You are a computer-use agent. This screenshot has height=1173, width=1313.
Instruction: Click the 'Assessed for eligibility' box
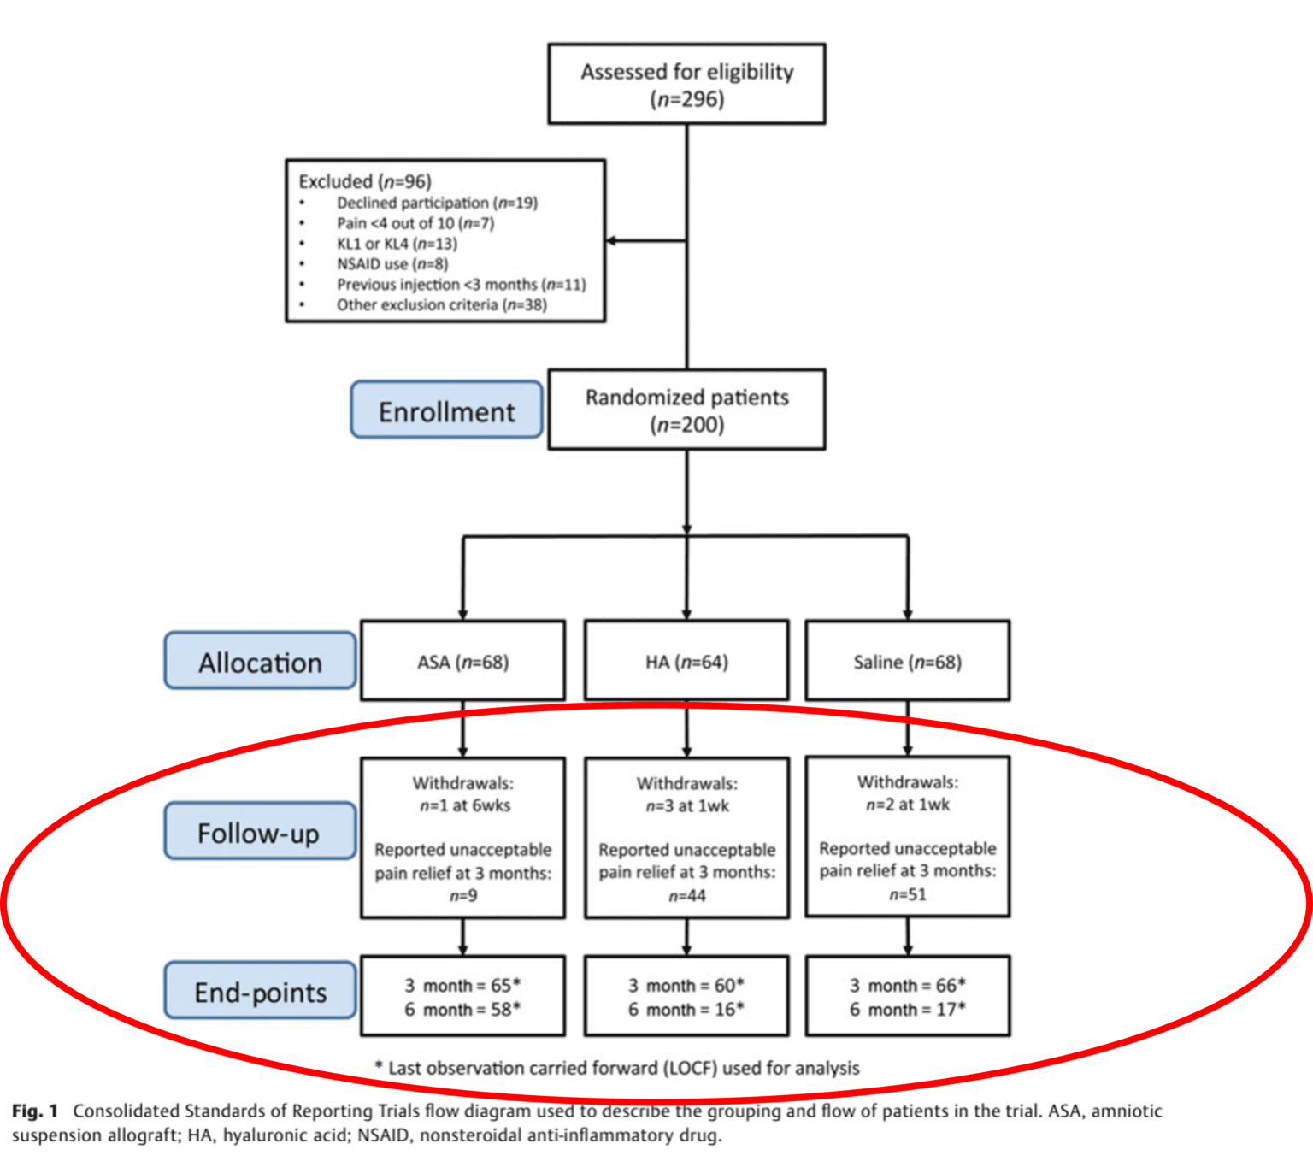click(x=686, y=84)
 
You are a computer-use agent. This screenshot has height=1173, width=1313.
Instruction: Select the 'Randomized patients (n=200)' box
click(x=686, y=410)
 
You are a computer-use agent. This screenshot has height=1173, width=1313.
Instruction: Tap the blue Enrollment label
click(x=446, y=410)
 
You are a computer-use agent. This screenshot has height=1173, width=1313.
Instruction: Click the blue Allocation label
click(x=260, y=661)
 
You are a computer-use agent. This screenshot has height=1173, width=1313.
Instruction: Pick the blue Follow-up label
click(x=260, y=831)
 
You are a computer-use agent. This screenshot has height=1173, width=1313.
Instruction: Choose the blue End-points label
click(x=260, y=991)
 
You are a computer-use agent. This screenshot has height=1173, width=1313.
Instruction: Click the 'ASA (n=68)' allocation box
click(x=462, y=661)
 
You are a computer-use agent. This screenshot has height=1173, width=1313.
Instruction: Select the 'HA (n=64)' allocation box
click(x=686, y=661)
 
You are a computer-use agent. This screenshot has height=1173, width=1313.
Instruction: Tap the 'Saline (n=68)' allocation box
click(x=907, y=661)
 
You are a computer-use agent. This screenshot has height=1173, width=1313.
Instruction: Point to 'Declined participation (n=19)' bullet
click(x=436, y=203)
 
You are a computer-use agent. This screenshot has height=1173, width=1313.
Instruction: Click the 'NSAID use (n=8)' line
click(x=392, y=263)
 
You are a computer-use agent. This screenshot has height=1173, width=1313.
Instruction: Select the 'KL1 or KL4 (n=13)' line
click(x=397, y=243)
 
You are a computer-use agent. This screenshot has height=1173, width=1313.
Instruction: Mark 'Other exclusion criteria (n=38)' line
click(x=441, y=304)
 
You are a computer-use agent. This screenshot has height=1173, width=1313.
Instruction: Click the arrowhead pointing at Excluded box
click(x=612, y=240)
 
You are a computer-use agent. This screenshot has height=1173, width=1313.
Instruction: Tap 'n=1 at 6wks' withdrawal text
click(x=464, y=805)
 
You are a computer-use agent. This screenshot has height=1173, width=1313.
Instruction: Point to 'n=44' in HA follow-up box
click(x=686, y=895)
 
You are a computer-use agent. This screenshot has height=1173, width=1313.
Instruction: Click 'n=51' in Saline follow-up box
click(x=907, y=894)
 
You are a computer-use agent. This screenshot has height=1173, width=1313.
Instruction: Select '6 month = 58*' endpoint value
click(x=462, y=1010)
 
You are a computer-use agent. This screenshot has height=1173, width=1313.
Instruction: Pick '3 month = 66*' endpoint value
click(x=907, y=985)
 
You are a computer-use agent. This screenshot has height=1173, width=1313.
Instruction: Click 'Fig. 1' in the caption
click(x=35, y=1111)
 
